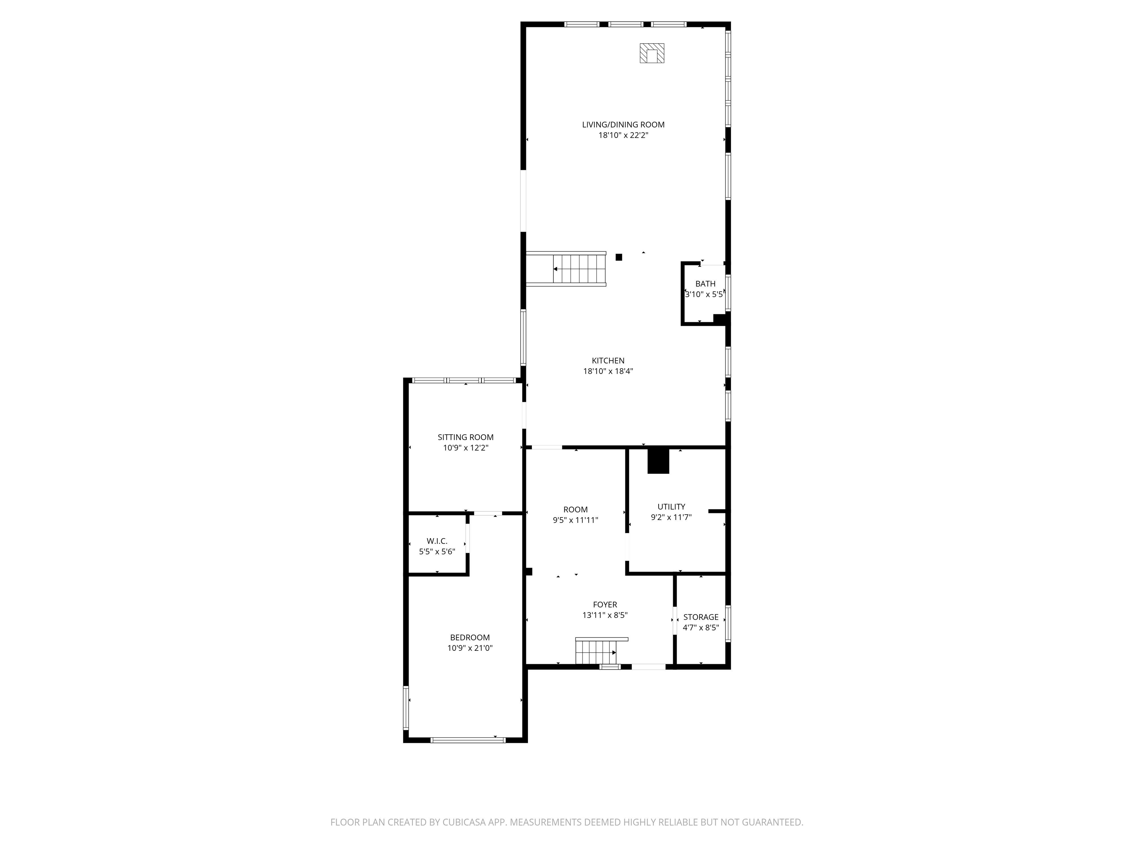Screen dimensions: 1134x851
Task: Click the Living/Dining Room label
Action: click(623, 124)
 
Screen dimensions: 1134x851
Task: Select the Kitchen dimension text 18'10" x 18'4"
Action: click(608, 371)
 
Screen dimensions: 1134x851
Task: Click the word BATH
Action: click(705, 284)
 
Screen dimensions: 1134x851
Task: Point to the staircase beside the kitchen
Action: click(566, 269)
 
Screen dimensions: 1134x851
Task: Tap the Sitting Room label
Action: click(465, 437)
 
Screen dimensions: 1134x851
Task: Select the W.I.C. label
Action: click(437, 541)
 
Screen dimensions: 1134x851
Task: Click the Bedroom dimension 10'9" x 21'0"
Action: click(470, 648)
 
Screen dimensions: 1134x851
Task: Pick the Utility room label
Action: click(671, 507)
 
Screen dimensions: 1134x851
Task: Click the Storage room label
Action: click(701, 617)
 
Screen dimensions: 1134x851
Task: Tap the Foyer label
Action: click(605, 605)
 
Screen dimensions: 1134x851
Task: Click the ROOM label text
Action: click(576, 509)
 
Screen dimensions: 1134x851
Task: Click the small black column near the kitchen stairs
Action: click(619, 257)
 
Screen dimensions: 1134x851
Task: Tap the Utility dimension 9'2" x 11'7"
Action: click(671, 517)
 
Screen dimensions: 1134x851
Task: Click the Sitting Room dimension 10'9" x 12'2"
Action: click(465, 448)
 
